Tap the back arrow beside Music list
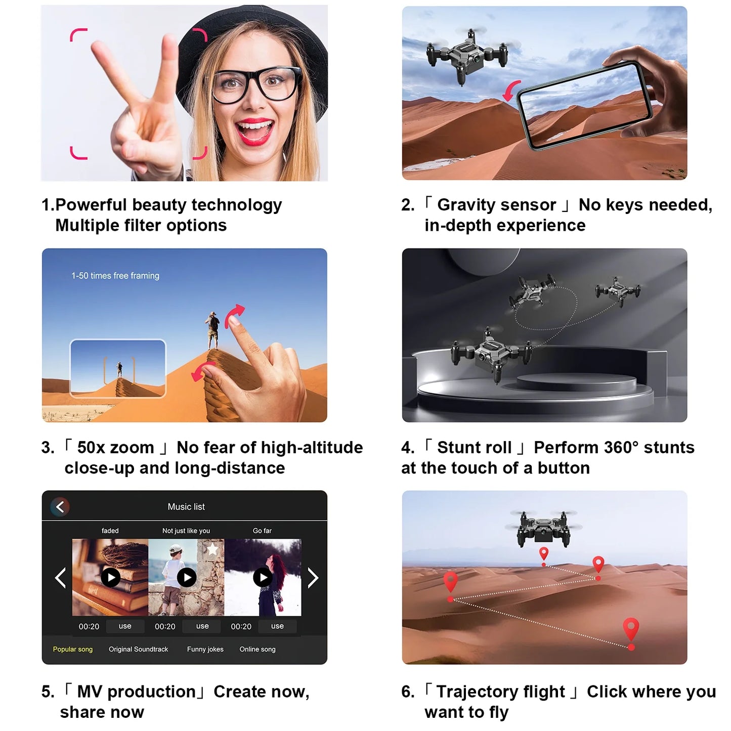point(60,507)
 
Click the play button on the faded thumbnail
point(111,577)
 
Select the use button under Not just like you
point(202,626)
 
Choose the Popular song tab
point(73,649)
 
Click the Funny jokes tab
point(205,649)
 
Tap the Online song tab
point(257,649)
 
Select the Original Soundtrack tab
point(138,649)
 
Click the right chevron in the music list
point(313,578)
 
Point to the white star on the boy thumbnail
point(212,549)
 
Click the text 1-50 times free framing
point(115,276)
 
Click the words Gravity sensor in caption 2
point(496,205)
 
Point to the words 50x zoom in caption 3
point(115,448)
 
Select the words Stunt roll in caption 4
point(474,448)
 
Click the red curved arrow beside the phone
point(512,90)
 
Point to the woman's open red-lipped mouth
point(254,131)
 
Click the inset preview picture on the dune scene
point(118,368)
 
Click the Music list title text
point(186,507)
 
